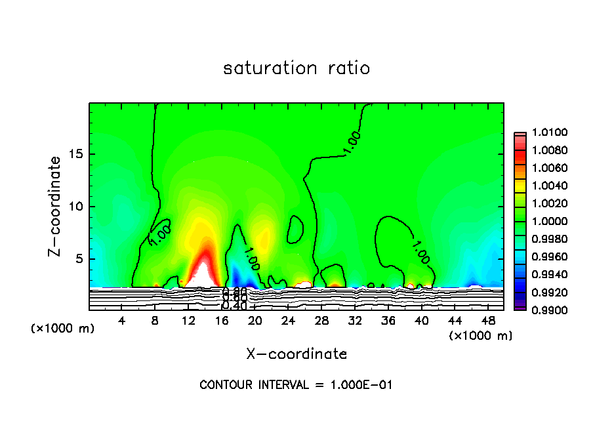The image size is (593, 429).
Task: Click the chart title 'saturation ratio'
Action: [296, 68]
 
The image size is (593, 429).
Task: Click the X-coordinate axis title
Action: [296, 354]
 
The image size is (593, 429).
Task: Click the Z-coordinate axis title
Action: [56, 206]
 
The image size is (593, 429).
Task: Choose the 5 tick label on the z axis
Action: [79, 258]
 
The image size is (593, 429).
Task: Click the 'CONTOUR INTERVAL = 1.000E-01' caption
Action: [296, 385]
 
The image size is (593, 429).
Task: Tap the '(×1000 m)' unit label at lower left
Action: [63, 329]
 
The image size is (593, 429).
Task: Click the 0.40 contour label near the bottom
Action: [234, 306]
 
